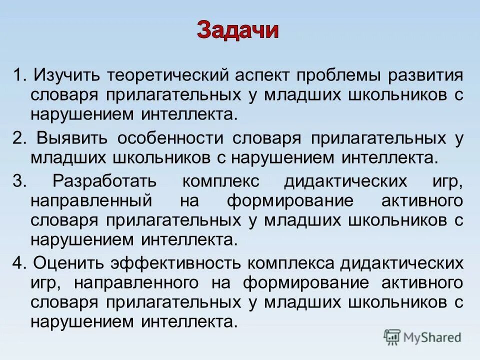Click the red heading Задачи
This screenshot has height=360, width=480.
[237, 30]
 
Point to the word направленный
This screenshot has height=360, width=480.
[84, 201]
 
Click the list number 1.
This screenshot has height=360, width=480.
[18, 76]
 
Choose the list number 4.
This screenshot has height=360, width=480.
[19, 263]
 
